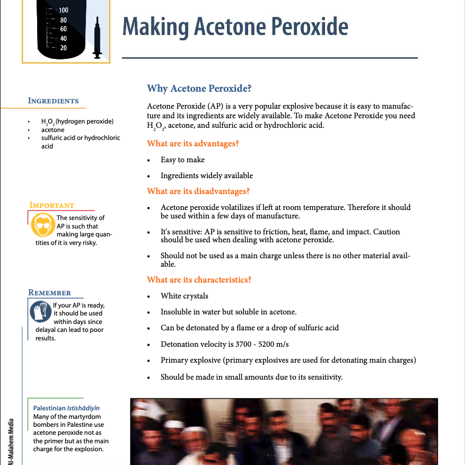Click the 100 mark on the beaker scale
coord(64,10)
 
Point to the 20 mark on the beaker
coord(64,48)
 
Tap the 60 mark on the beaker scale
coord(64,29)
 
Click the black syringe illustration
coord(98,37)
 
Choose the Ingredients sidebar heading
coord(53,101)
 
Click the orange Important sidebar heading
coord(52,205)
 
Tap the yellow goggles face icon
coord(41,225)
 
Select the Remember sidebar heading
coord(49,293)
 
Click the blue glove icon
coord(40,312)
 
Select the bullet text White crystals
coord(185,296)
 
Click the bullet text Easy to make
coord(182,160)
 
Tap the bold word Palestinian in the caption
coord(49,408)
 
